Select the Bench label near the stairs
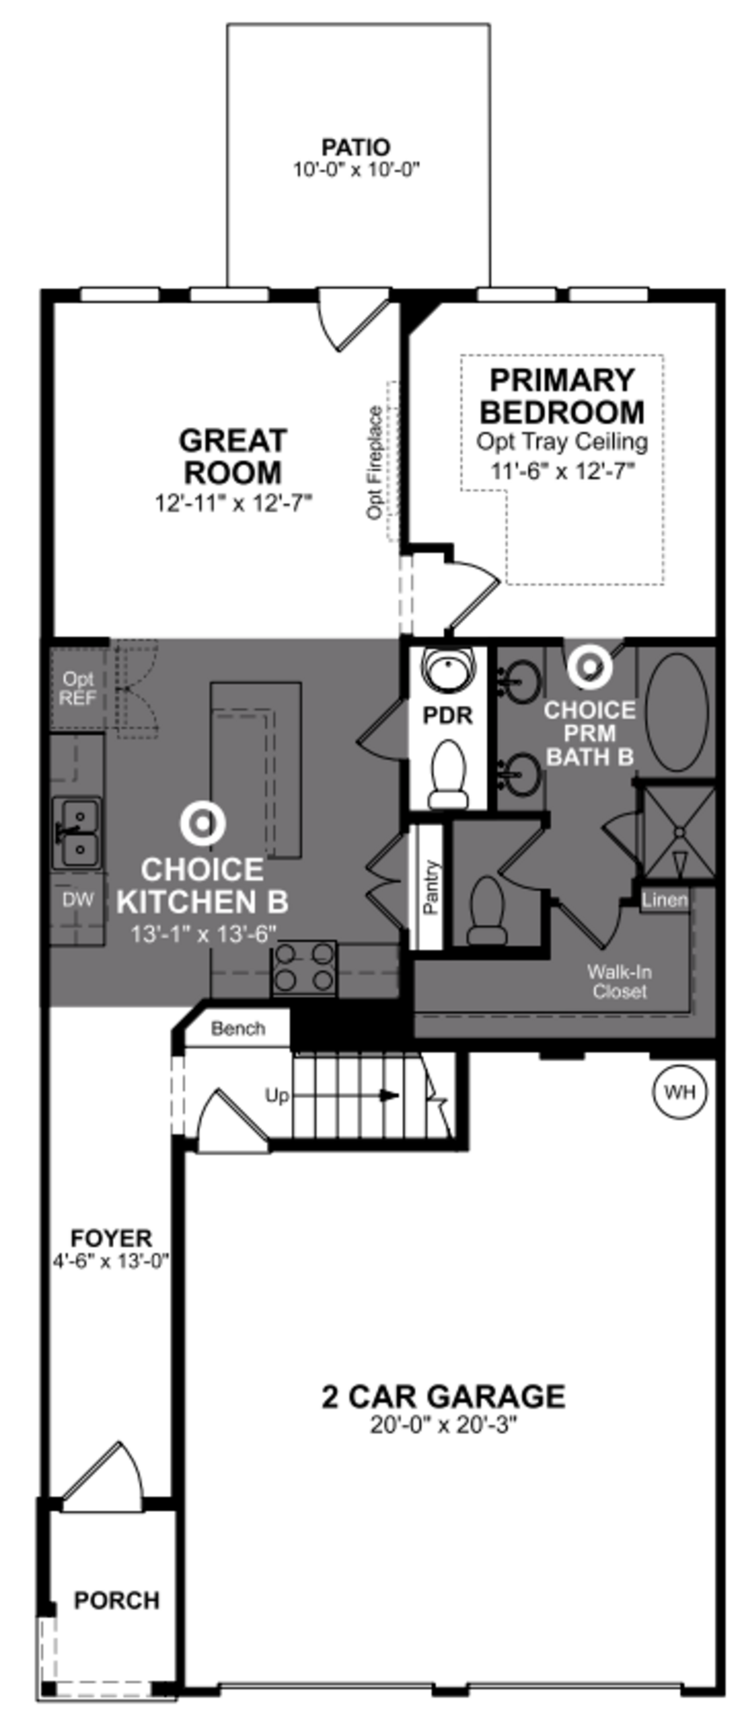pyautogui.click(x=237, y=1028)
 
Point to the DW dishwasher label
pyautogui.click(x=78, y=900)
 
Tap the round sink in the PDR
pyautogui.click(x=448, y=668)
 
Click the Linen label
pyautogui.click(x=664, y=900)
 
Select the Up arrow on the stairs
pyautogui.click(x=387, y=1095)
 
